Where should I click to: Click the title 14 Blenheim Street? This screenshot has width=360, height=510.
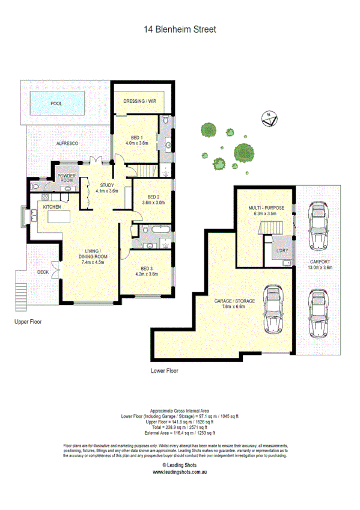click(x=180, y=28)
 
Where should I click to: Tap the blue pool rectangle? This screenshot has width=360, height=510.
click(x=56, y=103)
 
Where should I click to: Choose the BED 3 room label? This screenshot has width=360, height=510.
click(x=146, y=271)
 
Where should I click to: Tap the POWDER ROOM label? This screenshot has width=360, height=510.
click(x=66, y=178)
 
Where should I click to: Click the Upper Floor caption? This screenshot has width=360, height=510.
click(x=28, y=322)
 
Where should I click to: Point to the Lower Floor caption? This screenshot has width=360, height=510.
click(x=164, y=370)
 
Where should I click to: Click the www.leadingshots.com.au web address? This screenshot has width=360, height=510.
click(x=180, y=472)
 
